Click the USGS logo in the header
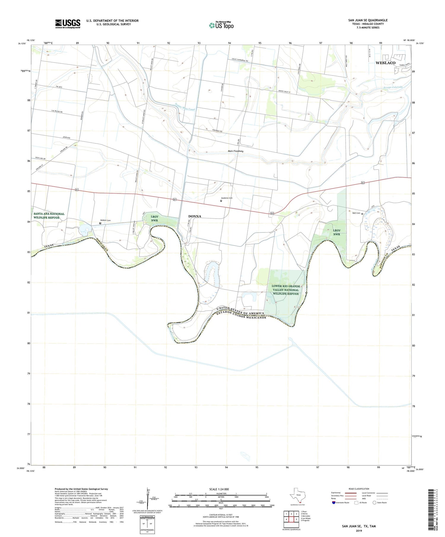click(x=68, y=24)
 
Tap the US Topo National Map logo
click(x=221, y=25)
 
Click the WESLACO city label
click(x=385, y=63)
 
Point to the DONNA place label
click(x=195, y=216)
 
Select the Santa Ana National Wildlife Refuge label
click(x=49, y=216)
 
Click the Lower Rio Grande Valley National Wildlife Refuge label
click(x=286, y=290)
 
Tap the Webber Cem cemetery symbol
click(x=100, y=223)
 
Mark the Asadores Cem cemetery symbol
click(x=221, y=201)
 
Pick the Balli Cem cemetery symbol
click(x=362, y=214)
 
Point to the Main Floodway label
click(x=236, y=151)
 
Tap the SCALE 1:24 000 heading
click(x=219, y=489)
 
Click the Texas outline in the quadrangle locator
click(x=298, y=495)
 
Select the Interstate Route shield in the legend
click(x=334, y=503)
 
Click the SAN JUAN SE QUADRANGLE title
click(x=368, y=20)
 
